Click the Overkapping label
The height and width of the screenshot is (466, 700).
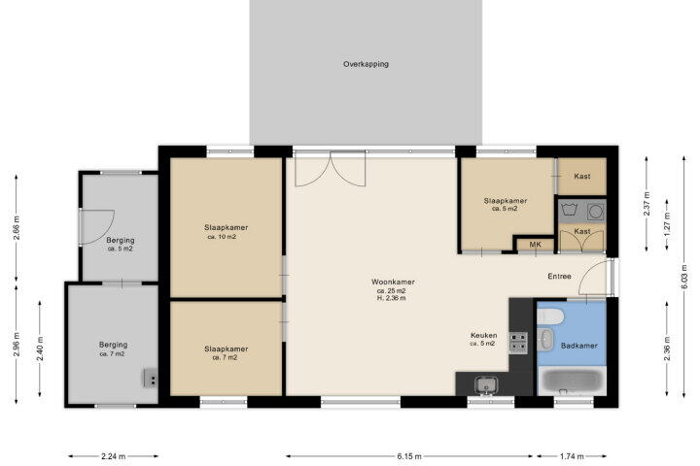pos(366,64)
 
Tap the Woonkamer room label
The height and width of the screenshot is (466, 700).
pos(393,282)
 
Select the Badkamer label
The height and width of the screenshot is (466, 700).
pos(579,346)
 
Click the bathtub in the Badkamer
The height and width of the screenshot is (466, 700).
pos(573,382)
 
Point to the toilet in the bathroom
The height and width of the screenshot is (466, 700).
pos(550,317)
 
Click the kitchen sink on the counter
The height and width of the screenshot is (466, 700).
pos(486,384)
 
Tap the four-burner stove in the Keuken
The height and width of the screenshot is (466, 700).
pos(518,343)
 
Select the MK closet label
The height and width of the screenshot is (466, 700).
pos(535,245)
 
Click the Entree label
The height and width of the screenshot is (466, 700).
pos(559,277)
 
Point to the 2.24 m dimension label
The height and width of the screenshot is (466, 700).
pos(114,456)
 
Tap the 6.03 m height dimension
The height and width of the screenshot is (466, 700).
pos(683,277)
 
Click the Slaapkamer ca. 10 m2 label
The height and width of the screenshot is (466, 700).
pos(226,231)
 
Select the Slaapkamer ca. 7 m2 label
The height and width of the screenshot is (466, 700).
pos(226,352)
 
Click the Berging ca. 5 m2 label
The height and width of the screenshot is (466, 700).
pos(121,245)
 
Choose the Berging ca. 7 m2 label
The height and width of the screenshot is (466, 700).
pos(113,349)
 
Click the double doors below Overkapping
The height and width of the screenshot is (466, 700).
pos(331,169)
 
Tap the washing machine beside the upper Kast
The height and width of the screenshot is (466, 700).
pos(596,212)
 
